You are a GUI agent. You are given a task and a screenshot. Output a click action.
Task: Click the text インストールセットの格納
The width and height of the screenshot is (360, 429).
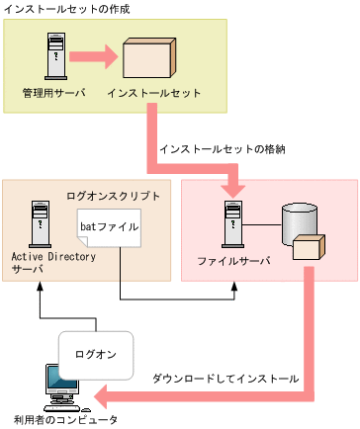(x=223, y=149)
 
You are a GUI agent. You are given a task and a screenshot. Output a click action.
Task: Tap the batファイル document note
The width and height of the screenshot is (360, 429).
(x=109, y=229)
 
